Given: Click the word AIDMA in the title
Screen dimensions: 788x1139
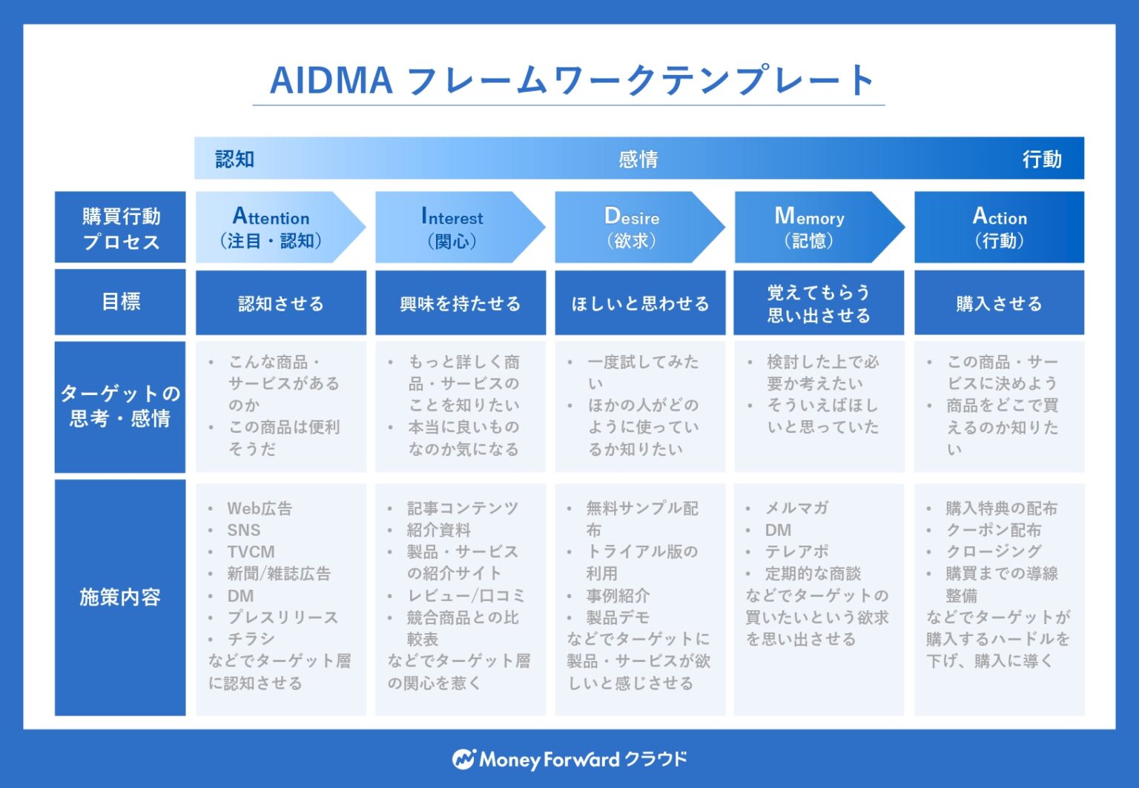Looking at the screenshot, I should [331, 80].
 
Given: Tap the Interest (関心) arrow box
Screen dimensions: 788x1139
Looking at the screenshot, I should [452, 228].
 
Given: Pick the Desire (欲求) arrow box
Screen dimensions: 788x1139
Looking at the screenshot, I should [631, 228].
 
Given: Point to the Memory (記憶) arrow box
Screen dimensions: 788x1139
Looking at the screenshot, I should [809, 228].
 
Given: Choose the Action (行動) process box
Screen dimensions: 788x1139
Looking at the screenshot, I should [999, 228].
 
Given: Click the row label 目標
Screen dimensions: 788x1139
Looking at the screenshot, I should [120, 302].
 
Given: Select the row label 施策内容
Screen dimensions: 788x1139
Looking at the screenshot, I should [120, 597].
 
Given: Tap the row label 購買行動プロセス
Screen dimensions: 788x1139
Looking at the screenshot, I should [120, 228].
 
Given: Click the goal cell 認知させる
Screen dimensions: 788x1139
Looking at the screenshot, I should [280, 303].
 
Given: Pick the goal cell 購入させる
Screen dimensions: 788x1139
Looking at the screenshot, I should [999, 303].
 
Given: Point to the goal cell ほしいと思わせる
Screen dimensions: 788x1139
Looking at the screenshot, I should [640, 303].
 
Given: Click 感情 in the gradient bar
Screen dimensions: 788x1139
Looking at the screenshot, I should [638, 159].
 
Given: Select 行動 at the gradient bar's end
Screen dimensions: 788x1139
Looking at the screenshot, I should [1042, 159].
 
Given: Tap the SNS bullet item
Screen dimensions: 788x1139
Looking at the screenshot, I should [243, 530].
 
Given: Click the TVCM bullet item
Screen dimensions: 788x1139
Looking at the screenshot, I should [251, 552].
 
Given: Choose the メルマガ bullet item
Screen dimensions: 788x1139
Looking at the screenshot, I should [796, 508].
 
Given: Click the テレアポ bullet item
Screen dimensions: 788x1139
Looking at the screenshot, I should [796, 552].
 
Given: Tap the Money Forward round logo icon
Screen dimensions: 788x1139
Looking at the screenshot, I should [463, 759].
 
